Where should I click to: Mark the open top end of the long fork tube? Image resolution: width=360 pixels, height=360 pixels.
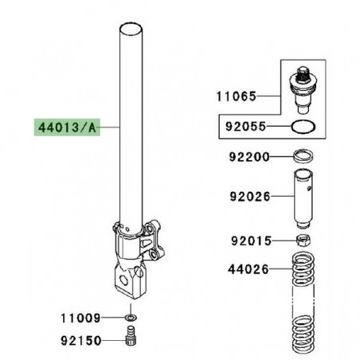coord(133,30)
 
